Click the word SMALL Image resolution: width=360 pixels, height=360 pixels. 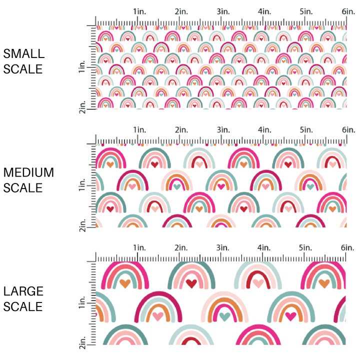[23, 54]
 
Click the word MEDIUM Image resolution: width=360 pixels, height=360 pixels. [28, 173]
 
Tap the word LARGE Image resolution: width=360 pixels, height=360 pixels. [23, 291]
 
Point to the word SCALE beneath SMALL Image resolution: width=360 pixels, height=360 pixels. [23, 68]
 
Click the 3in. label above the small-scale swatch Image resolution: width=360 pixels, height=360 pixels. [223, 11]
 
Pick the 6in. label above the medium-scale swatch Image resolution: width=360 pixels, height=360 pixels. [348, 129]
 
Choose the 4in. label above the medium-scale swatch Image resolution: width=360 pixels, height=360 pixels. [264, 129]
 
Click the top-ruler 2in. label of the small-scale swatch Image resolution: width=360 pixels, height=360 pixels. [181, 11]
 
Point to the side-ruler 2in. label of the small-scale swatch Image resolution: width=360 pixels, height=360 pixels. [83, 106]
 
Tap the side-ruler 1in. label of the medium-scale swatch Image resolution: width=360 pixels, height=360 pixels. [83, 185]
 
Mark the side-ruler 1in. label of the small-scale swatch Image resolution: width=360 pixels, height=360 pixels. [83, 67]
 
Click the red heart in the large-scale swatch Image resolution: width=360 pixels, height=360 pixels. [191, 283]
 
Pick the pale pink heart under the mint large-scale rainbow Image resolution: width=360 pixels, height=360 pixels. [257, 283]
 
